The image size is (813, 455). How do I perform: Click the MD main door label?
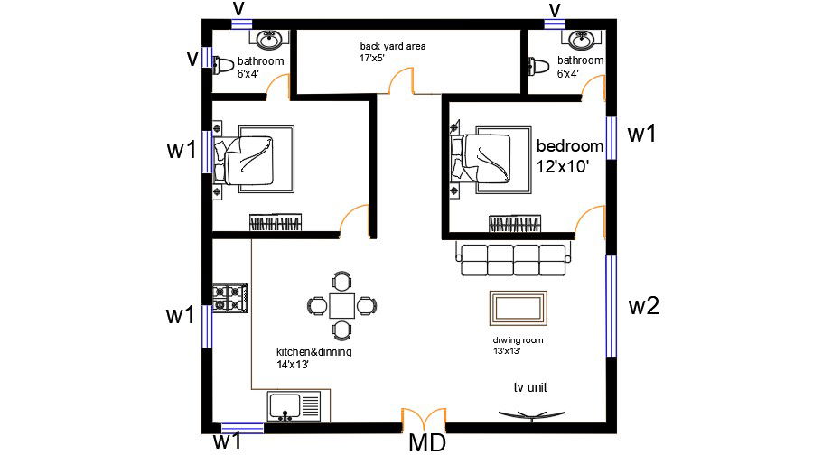point(427,443)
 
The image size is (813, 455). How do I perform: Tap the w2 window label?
point(644,306)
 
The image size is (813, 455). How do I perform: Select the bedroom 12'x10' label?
point(569,156)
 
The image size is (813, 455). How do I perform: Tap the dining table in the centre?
point(341,305)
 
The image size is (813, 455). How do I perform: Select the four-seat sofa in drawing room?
point(514,259)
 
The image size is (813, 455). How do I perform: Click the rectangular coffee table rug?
point(517,308)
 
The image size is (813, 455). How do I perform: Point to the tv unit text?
point(530,387)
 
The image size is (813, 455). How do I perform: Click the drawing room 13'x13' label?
point(519,345)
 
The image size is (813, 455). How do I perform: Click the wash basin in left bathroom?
point(269,40)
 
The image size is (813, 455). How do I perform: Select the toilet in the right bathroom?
point(539,66)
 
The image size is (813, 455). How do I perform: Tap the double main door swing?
point(424,419)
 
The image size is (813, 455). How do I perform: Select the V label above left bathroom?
point(239,8)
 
